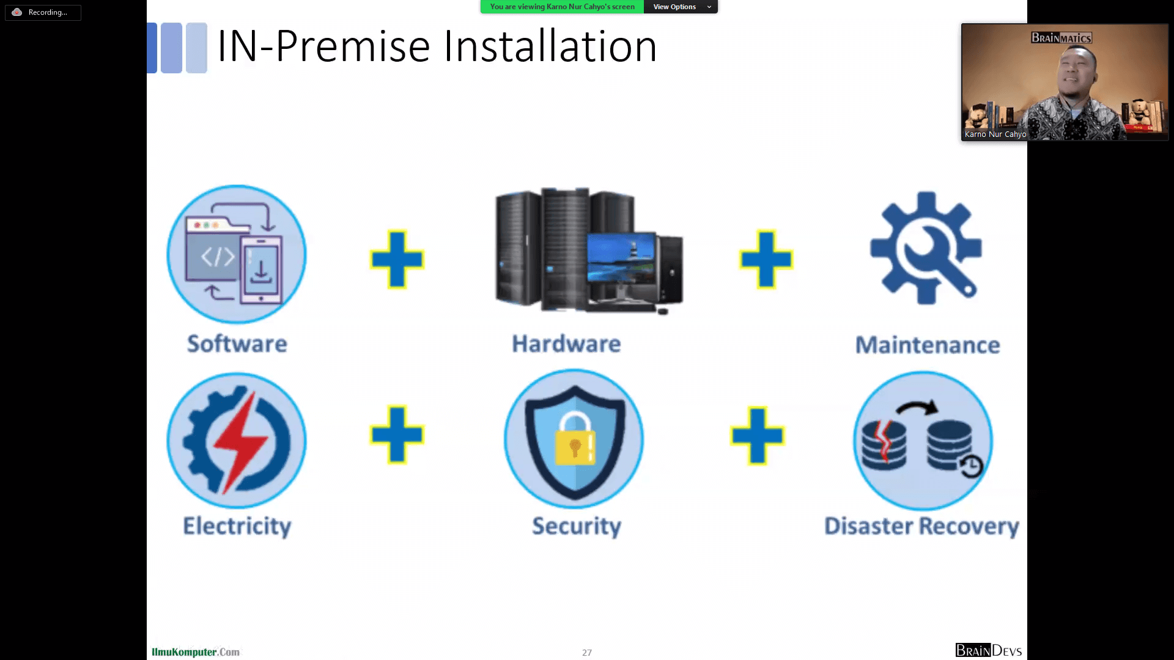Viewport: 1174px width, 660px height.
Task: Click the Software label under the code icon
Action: (237, 344)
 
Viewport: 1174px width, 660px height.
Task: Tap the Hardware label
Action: (566, 344)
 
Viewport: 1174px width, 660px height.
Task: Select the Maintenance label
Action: (927, 345)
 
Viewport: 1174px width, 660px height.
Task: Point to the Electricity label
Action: (237, 526)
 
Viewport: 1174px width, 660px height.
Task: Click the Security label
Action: (576, 526)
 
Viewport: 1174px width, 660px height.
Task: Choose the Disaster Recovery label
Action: (921, 526)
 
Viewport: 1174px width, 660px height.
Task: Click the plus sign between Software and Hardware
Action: (397, 259)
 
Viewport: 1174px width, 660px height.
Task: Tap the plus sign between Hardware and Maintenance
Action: (766, 259)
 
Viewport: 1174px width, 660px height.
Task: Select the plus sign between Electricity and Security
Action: (397, 435)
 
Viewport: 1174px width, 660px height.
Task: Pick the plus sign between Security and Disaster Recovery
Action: (757, 436)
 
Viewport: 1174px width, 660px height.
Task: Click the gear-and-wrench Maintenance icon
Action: (926, 248)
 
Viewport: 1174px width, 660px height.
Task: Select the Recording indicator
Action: (43, 12)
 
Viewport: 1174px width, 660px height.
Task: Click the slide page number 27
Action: (587, 653)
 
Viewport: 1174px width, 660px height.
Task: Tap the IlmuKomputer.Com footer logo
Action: (196, 652)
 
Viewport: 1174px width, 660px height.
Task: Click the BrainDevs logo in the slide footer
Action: (988, 650)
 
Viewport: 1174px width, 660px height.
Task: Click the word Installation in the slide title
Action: (550, 46)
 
